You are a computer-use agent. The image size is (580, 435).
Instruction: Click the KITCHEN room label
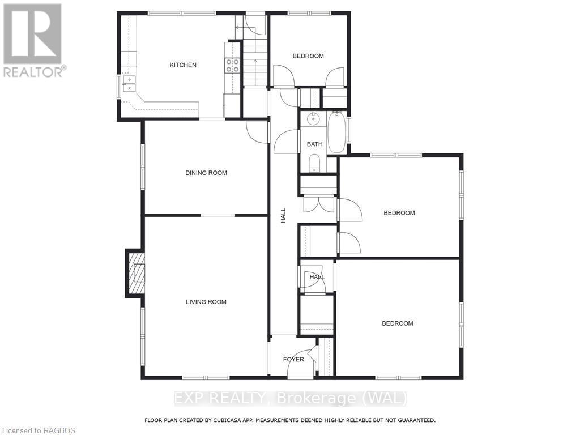coord(183,65)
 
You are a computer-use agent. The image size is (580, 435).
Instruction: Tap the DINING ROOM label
coord(206,173)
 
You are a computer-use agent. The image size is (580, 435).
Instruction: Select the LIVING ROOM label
coord(206,302)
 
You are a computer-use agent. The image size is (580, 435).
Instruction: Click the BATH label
coord(314,144)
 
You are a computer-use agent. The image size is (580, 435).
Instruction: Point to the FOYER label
coord(293,359)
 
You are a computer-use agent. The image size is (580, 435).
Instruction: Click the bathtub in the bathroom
coord(336,133)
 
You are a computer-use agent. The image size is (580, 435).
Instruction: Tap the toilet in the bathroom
coord(314,164)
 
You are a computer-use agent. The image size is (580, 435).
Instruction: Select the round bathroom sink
coord(312,120)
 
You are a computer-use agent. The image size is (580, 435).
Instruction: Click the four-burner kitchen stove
coord(232,66)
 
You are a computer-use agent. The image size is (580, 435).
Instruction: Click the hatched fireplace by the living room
coord(137,273)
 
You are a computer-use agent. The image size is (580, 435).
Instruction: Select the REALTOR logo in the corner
coord(33,40)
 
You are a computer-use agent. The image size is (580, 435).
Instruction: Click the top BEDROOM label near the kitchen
coord(308,56)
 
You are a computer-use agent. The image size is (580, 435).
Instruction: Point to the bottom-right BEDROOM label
coord(397,323)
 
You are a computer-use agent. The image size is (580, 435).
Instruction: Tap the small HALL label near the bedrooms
coord(317,277)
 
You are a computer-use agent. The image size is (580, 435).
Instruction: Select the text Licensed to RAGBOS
coord(38,430)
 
